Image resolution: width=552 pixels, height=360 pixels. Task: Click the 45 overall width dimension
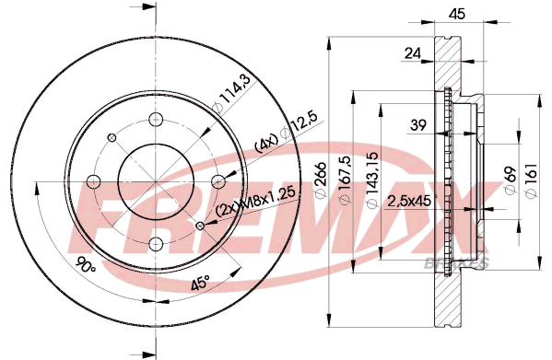(x=457, y=14)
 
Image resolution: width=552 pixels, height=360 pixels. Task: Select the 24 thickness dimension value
(x=413, y=53)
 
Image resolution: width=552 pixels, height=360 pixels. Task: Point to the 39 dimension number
(x=418, y=125)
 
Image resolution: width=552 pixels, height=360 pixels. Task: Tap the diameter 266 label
(x=321, y=180)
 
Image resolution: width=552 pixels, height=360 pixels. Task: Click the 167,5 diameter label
(x=345, y=180)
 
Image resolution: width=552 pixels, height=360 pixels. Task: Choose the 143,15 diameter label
(x=372, y=180)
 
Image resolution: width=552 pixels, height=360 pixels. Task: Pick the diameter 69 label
(x=511, y=180)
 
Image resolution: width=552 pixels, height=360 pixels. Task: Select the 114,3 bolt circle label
(x=232, y=94)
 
